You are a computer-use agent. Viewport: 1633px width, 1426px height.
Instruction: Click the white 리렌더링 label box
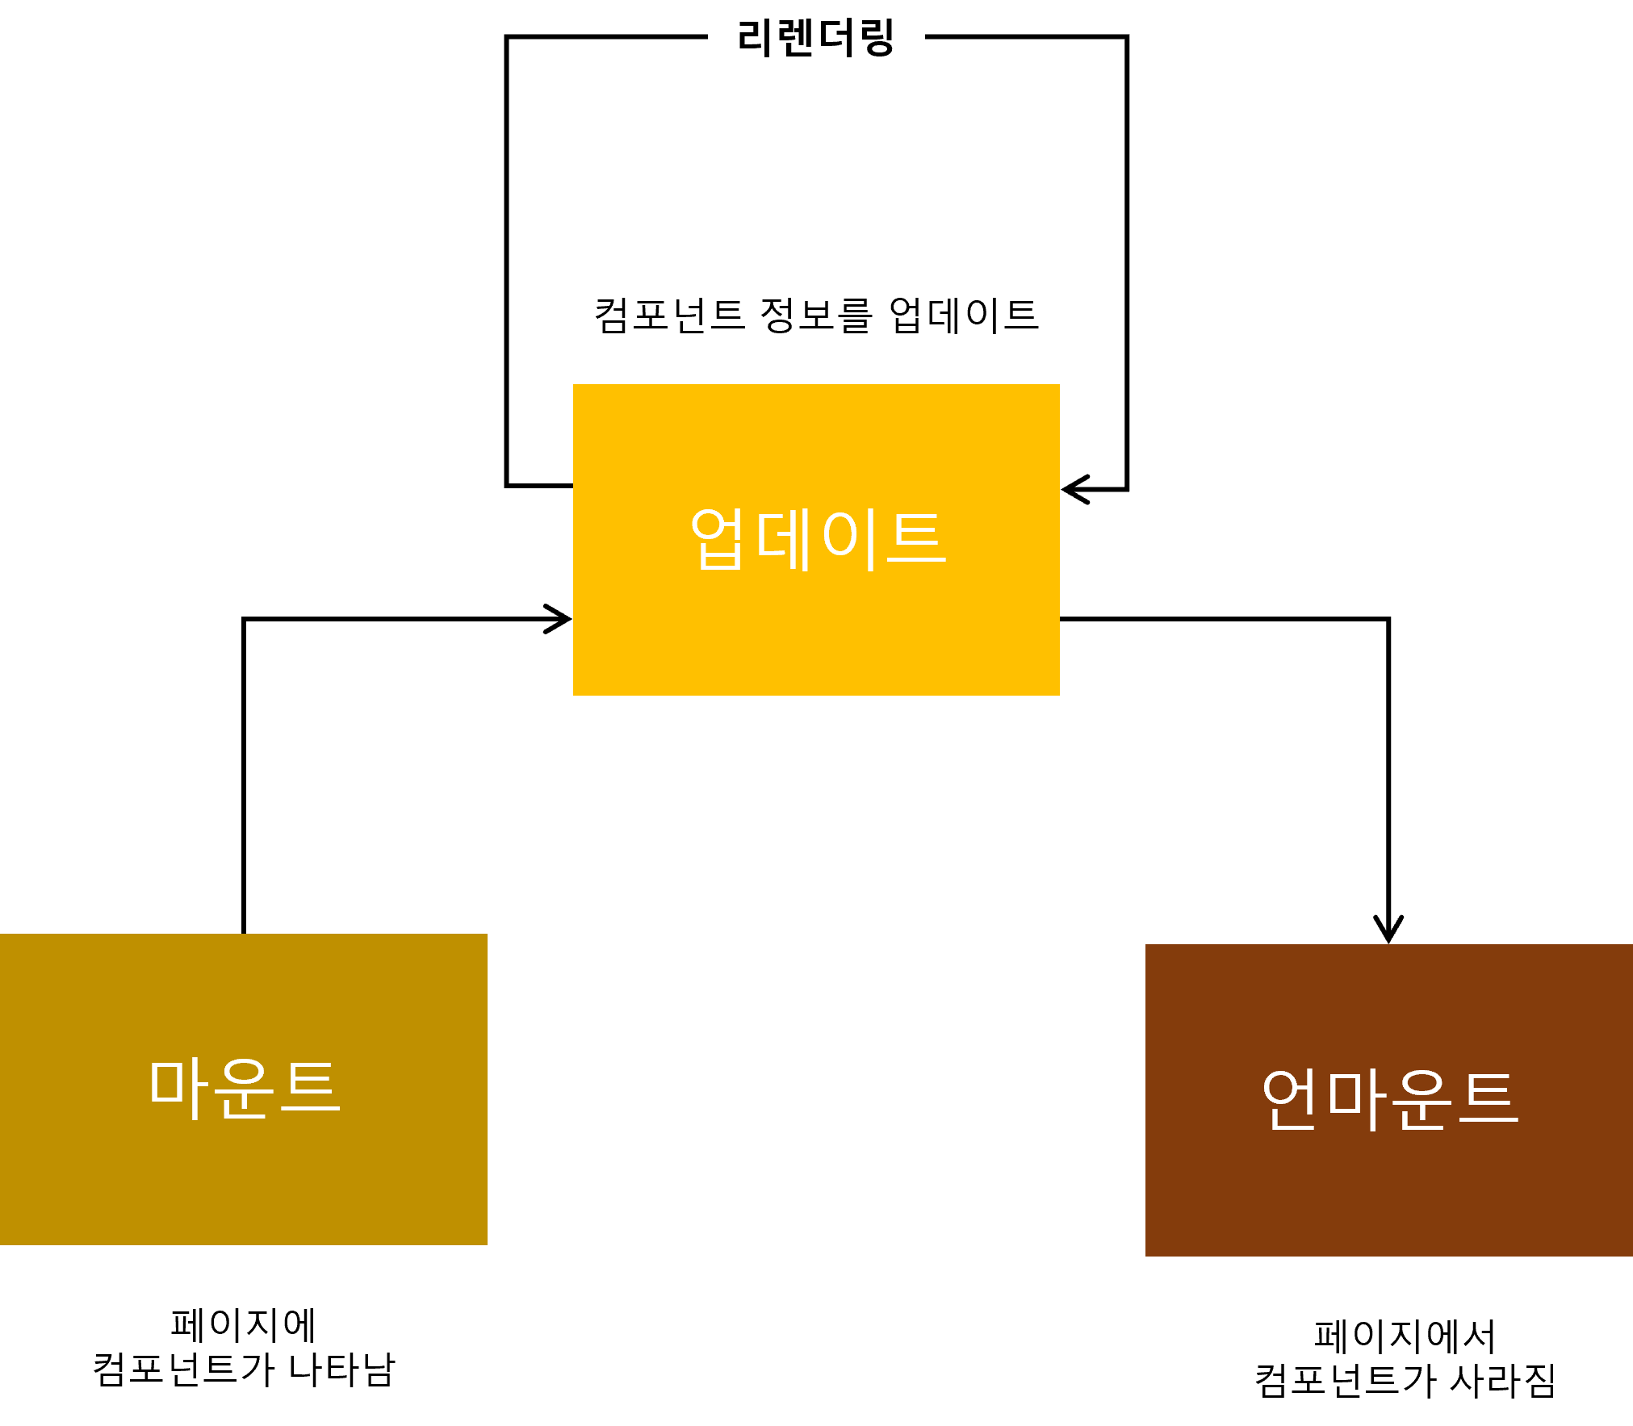tap(816, 38)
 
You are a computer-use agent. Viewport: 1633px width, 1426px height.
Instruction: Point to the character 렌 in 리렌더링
tap(795, 38)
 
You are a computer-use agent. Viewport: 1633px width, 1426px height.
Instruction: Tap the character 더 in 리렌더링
tap(837, 38)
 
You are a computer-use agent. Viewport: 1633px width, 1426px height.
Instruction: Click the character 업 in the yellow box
tap(717, 538)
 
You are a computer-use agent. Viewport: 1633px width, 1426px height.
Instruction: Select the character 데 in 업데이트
tap(783, 538)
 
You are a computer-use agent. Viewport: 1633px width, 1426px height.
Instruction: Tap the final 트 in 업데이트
tap(916, 538)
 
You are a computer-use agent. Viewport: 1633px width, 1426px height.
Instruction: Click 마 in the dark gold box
tap(177, 1088)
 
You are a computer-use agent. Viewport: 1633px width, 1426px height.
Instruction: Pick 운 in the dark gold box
tap(244, 1088)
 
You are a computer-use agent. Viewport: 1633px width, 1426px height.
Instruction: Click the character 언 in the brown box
tap(1290, 1098)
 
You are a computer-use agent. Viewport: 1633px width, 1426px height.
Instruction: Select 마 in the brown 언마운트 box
tap(1356, 1098)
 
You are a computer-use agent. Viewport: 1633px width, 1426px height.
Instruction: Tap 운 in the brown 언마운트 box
tap(1422, 1098)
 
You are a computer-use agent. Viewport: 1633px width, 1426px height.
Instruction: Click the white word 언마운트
tap(1389, 1098)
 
